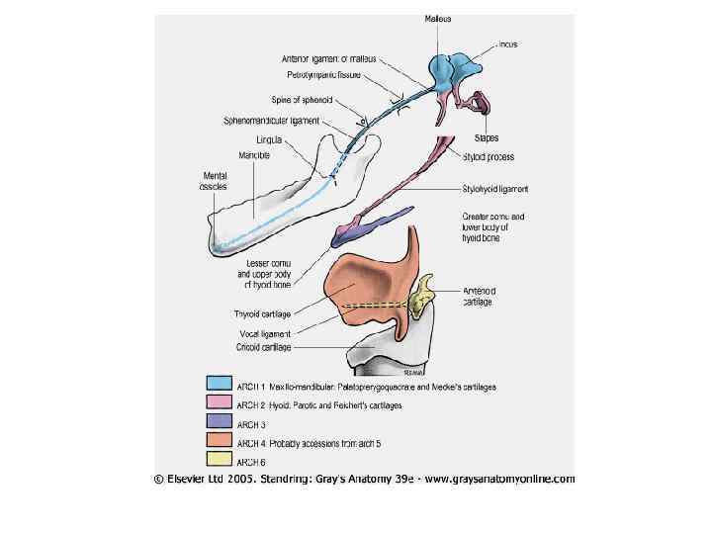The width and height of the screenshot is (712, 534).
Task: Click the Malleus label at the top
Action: (x=438, y=19)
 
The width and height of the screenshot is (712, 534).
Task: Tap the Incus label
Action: (x=508, y=44)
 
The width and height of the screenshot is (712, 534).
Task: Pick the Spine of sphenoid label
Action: (x=302, y=100)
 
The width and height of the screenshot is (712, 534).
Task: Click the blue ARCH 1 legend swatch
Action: (x=220, y=383)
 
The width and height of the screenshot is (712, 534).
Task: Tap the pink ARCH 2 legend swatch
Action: (x=220, y=402)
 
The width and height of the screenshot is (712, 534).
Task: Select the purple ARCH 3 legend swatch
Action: (x=220, y=422)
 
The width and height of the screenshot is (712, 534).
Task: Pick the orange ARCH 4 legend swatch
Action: (x=220, y=441)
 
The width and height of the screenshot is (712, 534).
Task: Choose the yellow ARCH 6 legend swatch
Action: (x=220, y=460)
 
